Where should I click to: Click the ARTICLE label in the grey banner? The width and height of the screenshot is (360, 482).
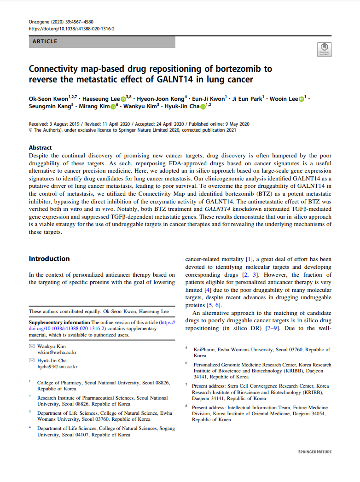[x=45, y=42]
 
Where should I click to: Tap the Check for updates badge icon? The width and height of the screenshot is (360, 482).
[x=325, y=50]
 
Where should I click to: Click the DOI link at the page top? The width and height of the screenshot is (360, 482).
[x=72, y=29]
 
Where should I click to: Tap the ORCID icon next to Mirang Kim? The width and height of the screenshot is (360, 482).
[x=113, y=107]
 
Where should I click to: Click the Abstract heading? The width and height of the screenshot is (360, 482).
[x=41, y=148]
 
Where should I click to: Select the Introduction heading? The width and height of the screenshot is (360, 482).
[x=49, y=259]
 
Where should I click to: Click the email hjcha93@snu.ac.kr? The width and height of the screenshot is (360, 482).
[x=57, y=367]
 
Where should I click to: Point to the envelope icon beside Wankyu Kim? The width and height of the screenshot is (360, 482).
[x=32, y=346]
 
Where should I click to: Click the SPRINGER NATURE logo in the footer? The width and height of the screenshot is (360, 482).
[x=314, y=452]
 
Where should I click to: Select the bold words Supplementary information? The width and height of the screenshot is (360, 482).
[x=59, y=323]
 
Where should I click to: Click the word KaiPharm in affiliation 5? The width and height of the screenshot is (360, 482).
[x=204, y=350]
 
